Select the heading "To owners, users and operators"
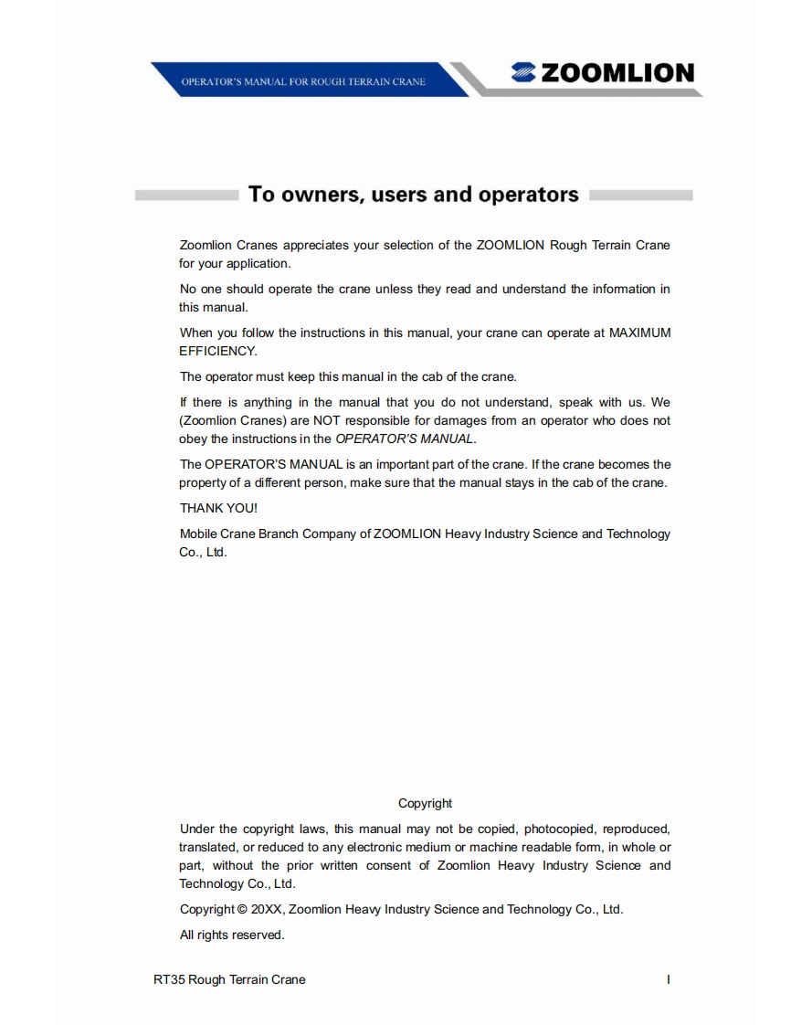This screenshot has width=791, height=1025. (414, 195)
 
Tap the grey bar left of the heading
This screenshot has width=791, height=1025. (186, 195)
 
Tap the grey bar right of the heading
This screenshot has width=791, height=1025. (641, 195)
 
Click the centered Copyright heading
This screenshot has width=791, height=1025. (425, 803)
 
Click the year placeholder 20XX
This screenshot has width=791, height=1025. (267, 910)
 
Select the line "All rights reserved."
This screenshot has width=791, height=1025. (232, 935)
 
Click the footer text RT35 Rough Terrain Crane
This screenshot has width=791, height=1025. (229, 979)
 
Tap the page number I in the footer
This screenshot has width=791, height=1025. (669, 979)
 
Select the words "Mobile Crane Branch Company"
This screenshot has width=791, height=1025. (265, 534)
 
